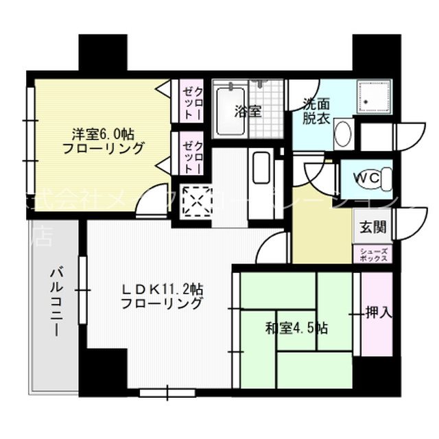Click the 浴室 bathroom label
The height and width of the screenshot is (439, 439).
(248, 110)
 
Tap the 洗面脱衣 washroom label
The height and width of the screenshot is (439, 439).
(316, 112)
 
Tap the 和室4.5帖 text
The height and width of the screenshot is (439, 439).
(296, 327)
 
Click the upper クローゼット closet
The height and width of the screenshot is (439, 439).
(191, 100)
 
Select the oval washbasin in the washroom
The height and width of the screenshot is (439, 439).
(343, 133)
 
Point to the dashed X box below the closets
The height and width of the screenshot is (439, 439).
(195, 202)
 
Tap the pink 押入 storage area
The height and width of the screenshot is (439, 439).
(377, 313)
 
